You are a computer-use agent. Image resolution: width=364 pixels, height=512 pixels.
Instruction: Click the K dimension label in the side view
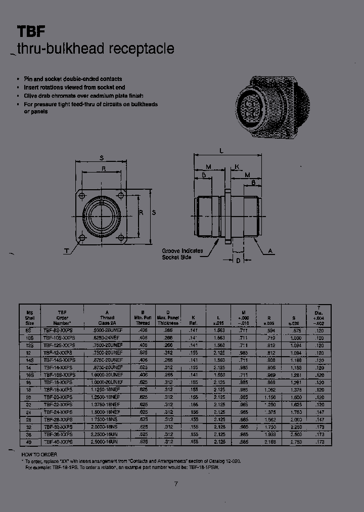click(x=237, y=166)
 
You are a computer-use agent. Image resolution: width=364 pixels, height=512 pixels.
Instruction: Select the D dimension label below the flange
click(x=238, y=261)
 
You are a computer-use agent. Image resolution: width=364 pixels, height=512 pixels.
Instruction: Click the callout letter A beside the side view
click(x=270, y=250)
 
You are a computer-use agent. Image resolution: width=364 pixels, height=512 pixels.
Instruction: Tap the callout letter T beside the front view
click(x=66, y=251)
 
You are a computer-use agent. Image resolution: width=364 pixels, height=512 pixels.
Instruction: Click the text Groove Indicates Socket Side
click(x=183, y=254)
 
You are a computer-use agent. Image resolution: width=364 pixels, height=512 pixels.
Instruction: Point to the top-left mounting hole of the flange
click(x=81, y=195)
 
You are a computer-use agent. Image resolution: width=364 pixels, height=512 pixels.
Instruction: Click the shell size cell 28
click(x=28, y=420)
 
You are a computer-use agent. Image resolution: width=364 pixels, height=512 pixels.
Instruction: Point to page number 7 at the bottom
click(x=176, y=484)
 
